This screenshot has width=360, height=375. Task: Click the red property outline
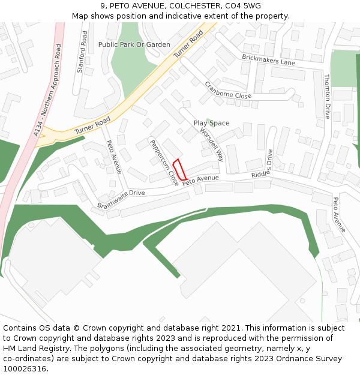[179, 169]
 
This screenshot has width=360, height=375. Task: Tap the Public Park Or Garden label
[134, 44]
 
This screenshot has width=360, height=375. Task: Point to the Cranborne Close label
[228, 90]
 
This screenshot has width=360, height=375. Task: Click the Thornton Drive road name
[327, 96]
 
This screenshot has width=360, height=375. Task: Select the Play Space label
[211, 123]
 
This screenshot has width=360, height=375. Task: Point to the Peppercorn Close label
[164, 161]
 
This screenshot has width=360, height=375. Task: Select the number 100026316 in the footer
[26, 369]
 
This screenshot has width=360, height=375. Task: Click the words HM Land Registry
[32, 349]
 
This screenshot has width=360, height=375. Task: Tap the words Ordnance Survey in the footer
[312, 359]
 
